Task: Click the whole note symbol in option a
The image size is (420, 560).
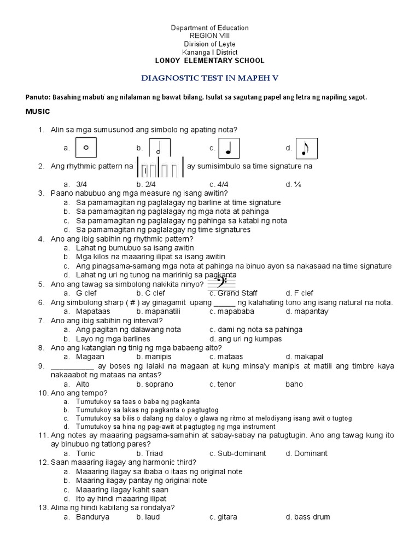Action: pos(86,148)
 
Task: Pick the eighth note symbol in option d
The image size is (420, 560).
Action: pos(306,148)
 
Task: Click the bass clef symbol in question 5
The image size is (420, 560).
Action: pos(222,283)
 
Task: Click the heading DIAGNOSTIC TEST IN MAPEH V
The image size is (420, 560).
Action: pos(210,78)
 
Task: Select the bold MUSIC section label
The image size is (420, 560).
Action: pos(38,112)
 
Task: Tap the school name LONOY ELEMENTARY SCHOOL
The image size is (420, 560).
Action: pos(210,61)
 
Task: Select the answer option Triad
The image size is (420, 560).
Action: pos(152,453)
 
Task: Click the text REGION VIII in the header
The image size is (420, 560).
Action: pos(210,36)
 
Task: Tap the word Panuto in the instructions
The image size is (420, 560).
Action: pos(37,97)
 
